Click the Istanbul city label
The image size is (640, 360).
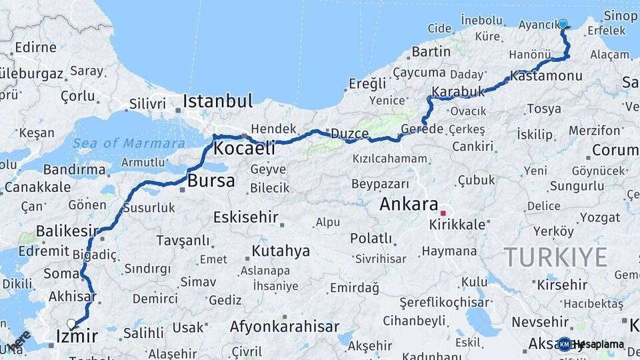click(218, 101)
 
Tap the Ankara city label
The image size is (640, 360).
click(408, 205)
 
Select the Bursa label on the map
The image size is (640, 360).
click(211, 181)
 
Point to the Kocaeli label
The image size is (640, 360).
click(244, 148)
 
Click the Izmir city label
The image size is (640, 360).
click(77, 337)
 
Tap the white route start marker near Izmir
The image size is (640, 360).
click(71, 324)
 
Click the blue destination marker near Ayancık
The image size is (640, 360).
click(563, 25)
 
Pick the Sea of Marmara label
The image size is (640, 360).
click(129, 143)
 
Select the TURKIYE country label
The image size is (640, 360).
click(555, 257)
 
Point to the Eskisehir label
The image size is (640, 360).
click(244, 217)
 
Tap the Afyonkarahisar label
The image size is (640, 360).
click(285, 327)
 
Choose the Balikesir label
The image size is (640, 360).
click(62, 231)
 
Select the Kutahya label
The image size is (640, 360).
click(281, 251)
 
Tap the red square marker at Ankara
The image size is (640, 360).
click(443, 213)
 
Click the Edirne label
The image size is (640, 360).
click(35, 47)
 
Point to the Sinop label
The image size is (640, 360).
click(620, 16)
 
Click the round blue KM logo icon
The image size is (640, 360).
click(564, 344)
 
